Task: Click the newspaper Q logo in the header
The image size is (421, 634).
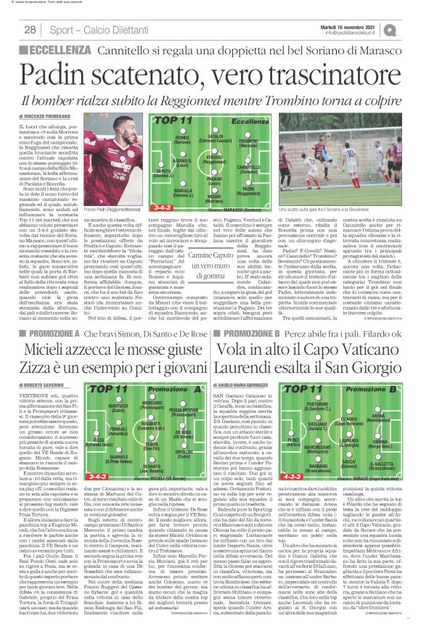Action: (411, 28)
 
